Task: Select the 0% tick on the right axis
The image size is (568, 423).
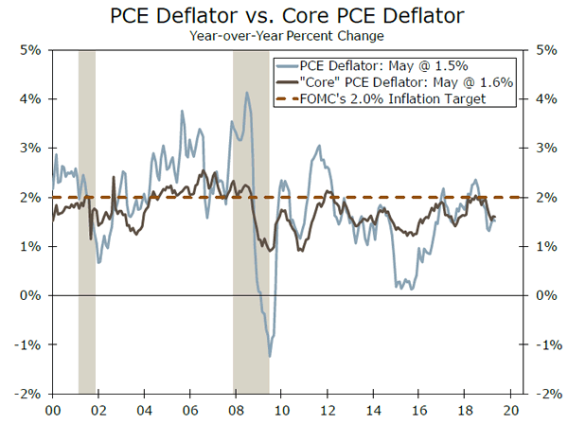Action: tap(548, 295)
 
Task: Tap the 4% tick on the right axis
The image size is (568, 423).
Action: tap(548, 98)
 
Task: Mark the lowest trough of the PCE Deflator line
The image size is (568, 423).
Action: tap(270, 356)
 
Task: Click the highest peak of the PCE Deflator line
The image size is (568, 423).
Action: tap(247, 93)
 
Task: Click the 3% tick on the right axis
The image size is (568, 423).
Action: tap(548, 148)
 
